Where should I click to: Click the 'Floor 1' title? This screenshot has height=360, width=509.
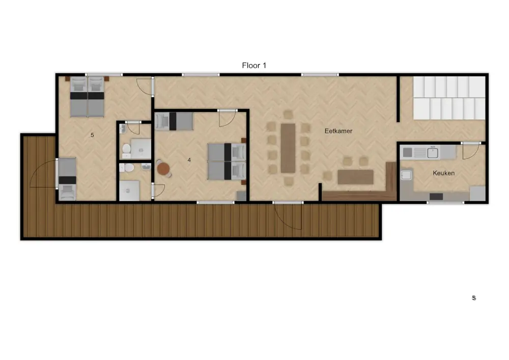(254, 66)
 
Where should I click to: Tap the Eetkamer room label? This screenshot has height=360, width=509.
(338, 131)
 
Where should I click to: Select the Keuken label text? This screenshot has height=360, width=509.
(443, 173)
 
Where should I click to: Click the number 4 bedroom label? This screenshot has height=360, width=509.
(189, 160)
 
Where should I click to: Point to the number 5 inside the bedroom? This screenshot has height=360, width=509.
(93, 135)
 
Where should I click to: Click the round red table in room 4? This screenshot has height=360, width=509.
(163, 169)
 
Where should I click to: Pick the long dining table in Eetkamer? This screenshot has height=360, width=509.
(288, 148)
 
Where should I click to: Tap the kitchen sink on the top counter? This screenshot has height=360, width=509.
(432, 152)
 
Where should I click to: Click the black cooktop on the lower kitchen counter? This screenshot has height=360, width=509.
(436, 197)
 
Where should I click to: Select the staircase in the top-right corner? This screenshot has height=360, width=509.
(449, 98)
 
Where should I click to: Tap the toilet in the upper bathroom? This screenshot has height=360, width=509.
(126, 149)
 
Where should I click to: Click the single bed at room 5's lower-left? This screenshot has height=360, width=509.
(67, 179)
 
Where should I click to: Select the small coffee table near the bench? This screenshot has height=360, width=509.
(355, 177)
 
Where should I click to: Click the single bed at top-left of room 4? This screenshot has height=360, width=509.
(174, 121)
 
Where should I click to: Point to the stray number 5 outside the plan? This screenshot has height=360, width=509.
(474, 298)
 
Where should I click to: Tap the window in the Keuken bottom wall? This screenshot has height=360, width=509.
(445, 203)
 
